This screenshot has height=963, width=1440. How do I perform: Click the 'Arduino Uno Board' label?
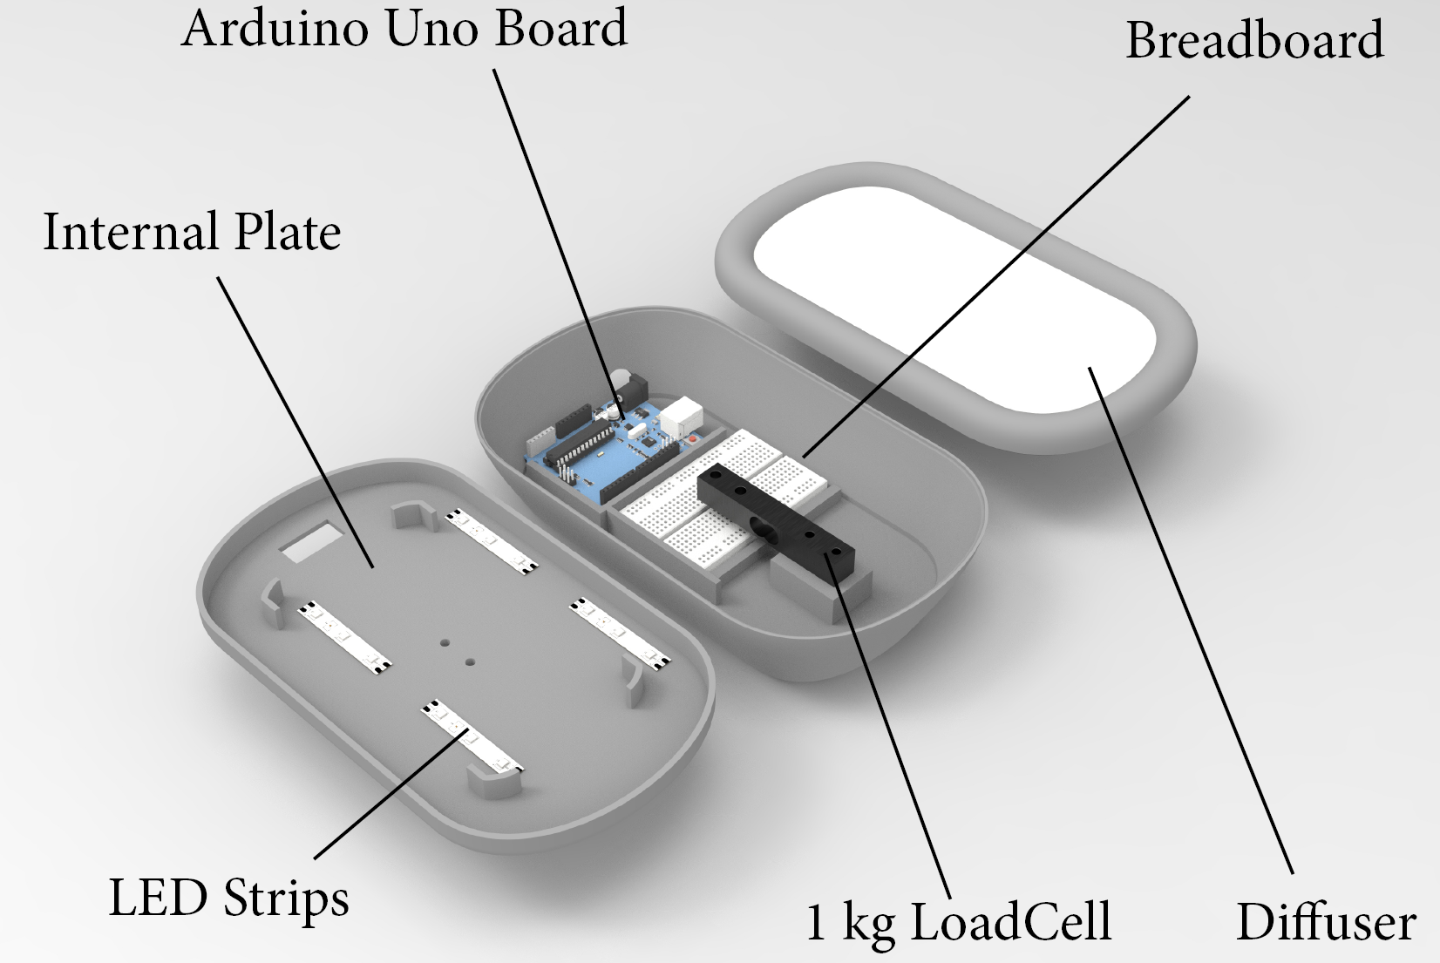point(404,28)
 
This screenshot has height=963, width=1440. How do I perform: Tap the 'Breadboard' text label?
point(1254,40)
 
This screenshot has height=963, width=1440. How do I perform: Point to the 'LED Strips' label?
point(228,898)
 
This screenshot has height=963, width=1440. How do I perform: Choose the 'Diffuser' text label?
point(1325,921)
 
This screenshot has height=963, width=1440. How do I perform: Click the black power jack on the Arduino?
point(635,383)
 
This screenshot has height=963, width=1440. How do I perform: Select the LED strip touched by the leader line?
point(471,737)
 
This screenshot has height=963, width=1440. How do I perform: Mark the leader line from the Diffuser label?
point(1194,627)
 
